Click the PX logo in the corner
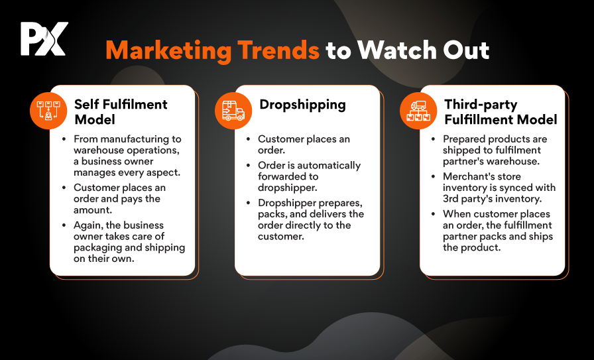44,38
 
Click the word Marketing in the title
168,50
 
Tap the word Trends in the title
278,50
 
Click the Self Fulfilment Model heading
121,112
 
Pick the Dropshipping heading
303,105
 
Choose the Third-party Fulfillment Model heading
501,112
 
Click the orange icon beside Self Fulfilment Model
48,111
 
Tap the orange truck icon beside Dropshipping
233,111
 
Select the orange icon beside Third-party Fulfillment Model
418,111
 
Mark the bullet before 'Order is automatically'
249,165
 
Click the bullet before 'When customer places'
434,213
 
